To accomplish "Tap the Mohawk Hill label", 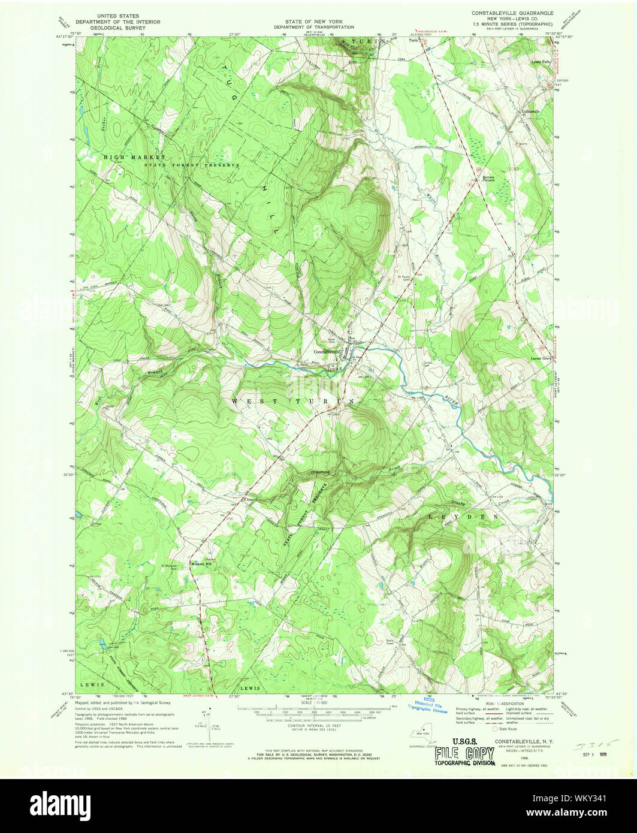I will click(201, 564).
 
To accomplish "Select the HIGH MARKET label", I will click(126, 157).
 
